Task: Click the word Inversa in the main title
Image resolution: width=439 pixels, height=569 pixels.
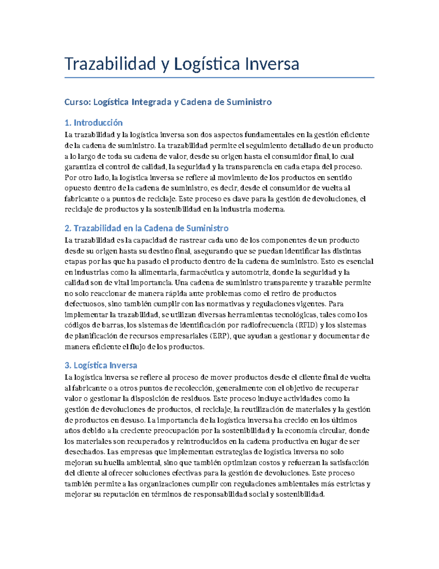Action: point(272,64)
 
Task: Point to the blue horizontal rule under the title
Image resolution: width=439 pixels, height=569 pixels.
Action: point(219,78)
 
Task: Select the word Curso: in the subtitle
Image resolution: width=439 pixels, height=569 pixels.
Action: point(78,102)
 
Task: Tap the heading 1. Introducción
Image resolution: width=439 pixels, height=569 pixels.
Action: point(93,123)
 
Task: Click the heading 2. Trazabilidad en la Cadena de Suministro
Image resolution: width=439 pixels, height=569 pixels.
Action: point(146,228)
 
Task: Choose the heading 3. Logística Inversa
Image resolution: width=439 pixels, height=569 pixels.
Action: point(101,365)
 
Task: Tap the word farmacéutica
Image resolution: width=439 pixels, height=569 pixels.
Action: point(202,272)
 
